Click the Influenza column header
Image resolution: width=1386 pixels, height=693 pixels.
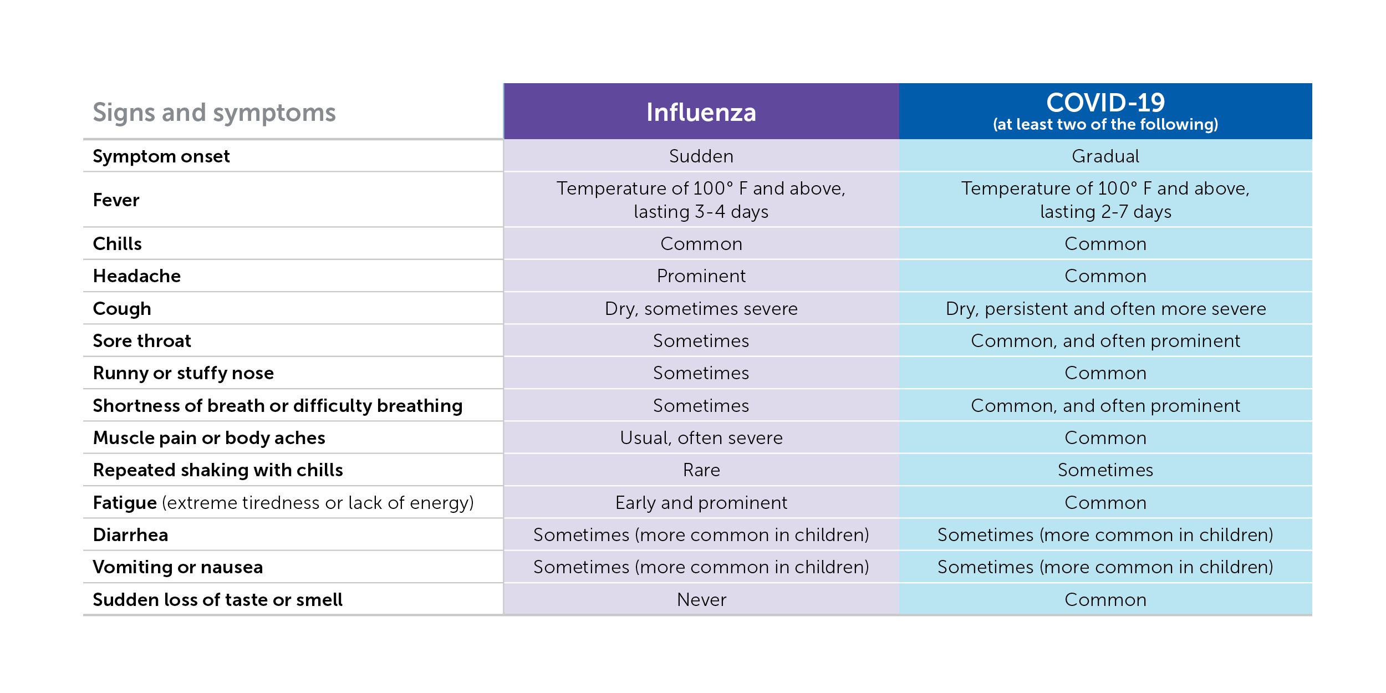(x=701, y=112)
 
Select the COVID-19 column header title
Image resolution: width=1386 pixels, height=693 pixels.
(x=1105, y=103)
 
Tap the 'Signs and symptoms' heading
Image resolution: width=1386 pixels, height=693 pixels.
(x=214, y=113)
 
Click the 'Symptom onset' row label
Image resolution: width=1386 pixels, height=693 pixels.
(x=161, y=156)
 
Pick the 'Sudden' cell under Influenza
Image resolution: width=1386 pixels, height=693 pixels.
(x=701, y=156)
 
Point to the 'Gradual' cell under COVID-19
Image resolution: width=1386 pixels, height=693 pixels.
(x=1105, y=156)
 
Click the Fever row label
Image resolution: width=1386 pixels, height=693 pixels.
(x=116, y=200)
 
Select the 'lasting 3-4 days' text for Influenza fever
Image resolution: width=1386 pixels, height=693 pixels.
(x=701, y=212)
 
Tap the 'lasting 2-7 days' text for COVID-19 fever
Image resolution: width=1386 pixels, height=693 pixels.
(x=1105, y=212)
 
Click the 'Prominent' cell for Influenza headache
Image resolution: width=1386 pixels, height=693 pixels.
(x=701, y=276)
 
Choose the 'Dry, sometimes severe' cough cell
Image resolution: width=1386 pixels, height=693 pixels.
(x=701, y=309)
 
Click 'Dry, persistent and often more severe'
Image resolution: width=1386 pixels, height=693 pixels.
(x=1105, y=309)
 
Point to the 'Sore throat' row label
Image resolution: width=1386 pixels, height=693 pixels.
(x=141, y=341)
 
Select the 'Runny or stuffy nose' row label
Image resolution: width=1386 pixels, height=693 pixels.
(x=183, y=373)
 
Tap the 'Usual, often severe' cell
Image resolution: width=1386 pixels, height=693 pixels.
(x=701, y=438)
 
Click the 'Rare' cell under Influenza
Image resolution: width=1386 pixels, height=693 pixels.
(x=701, y=470)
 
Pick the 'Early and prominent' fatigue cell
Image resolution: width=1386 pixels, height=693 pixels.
(x=701, y=503)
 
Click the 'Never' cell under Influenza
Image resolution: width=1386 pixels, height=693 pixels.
(x=701, y=600)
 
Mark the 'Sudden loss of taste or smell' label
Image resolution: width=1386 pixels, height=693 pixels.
(x=217, y=600)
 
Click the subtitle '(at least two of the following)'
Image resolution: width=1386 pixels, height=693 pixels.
(x=1105, y=124)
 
